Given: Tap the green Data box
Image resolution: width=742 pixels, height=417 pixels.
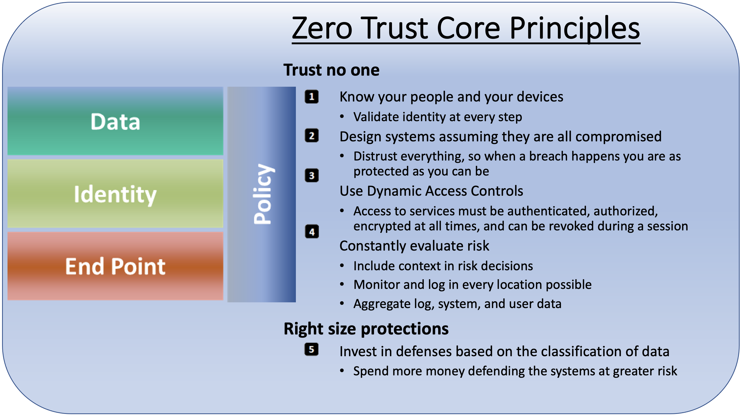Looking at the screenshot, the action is point(115,121).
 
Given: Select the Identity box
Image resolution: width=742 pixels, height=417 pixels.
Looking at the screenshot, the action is point(115,194).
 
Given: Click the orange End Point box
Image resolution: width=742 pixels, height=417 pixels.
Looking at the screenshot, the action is point(115,266).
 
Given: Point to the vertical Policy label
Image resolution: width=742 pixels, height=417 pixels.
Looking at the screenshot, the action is point(263,194).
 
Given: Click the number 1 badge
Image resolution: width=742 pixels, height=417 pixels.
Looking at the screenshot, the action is point(312,97).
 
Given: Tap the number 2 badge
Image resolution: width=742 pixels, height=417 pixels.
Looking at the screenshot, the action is point(312,136).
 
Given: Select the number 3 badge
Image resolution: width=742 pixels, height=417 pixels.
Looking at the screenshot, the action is point(312,175).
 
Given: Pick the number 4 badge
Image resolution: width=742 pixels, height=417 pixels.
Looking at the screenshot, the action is point(312,232).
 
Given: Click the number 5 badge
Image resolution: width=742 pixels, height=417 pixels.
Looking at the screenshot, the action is point(311,350).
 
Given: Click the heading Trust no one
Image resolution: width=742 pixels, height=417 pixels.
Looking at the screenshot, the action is point(332,70).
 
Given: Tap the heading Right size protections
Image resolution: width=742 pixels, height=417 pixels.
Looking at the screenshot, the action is point(366,329).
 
